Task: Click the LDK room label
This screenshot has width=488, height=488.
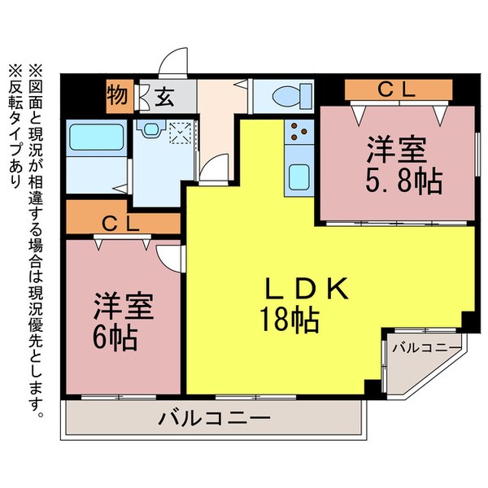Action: pos(308,290)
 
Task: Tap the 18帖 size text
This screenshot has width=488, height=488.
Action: pos(288,320)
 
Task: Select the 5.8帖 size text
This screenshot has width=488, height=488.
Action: pos(404,181)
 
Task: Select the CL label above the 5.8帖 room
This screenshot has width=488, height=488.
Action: pos(398,90)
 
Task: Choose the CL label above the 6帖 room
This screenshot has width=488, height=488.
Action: pos(122,222)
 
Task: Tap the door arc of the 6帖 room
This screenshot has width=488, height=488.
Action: pos(172,259)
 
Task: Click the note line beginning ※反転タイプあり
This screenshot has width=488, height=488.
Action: pos(17,130)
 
